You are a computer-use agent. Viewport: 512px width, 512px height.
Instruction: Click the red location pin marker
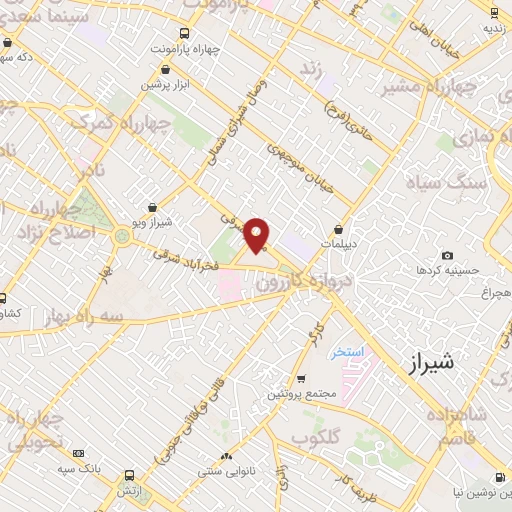(x=258, y=235)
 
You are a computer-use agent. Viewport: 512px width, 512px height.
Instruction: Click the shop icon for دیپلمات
(x=339, y=228)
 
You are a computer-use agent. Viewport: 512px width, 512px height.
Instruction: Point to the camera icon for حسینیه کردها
(x=447, y=256)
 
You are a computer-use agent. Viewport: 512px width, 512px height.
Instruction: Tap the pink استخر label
(x=351, y=353)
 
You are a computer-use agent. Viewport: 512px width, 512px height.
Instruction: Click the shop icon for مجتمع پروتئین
(x=301, y=378)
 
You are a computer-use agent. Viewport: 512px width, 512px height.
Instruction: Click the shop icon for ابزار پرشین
(x=165, y=70)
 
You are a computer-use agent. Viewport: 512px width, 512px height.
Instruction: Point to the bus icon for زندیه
(x=494, y=12)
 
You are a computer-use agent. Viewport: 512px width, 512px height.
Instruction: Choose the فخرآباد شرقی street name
(x=187, y=261)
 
